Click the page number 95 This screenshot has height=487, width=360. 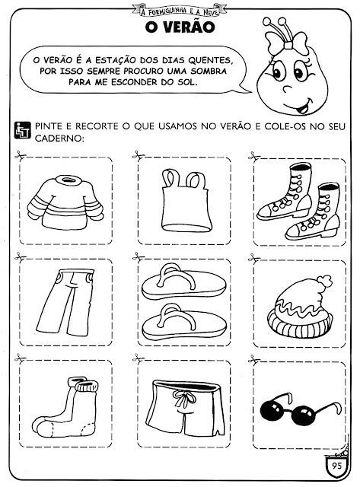pyautogui.click(x=336, y=466)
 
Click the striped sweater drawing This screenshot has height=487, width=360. pyautogui.click(x=65, y=202)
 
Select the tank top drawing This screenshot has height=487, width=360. pyautogui.click(x=186, y=200)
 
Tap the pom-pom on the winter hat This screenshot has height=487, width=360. pyautogui.click(x=324, y=281)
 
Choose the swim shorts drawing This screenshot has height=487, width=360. pyautogui.click(x=186, y=408)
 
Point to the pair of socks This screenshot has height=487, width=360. pyautogui.click(x=66, y=407)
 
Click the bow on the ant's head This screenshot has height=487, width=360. pyautogui.click(x=286, y=43)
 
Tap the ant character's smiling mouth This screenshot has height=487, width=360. pyautogui.click(x=301, y=107)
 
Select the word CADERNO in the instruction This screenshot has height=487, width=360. pyautogui.click(x=59, y=138)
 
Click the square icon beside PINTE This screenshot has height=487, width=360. pyautogui.click(x=23, y=130)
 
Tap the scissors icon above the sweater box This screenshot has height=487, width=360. pyautogui.click(x=21, y=155)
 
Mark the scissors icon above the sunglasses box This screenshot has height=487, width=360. pyautogui.click(x=254, y=360)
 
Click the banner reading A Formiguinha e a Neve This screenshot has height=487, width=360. pyautogui.click(x=179, y=11)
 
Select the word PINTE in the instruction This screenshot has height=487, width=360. pyautogui.click(x=49, y=126)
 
